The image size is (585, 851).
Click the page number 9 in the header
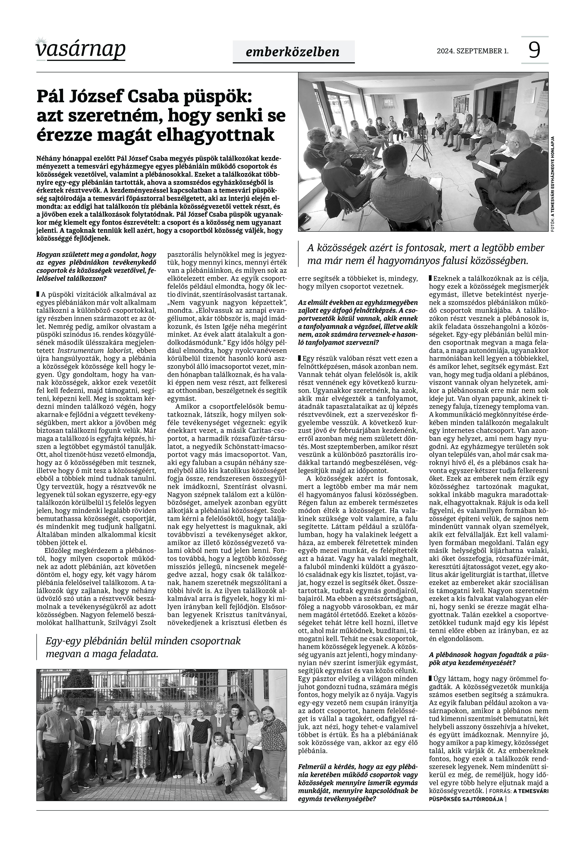[x=534, y=50]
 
